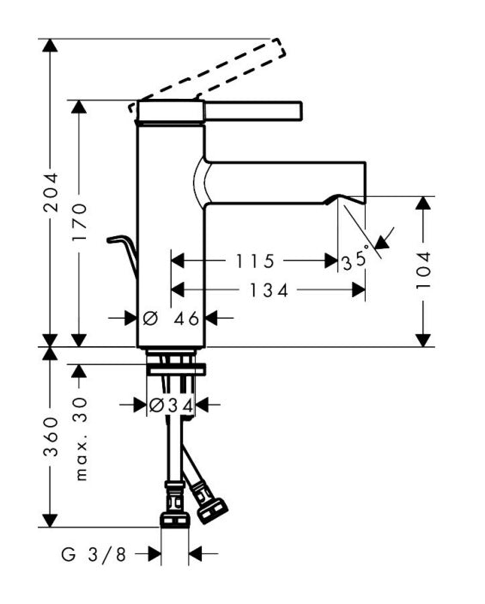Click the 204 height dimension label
[x=51, y=192]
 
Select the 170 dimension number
[x=80, y=223]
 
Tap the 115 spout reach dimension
[x=255, y=261]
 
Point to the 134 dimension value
[x=269, y=290]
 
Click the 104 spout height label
[x=423, y=270]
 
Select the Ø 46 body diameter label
[x=172, y=318]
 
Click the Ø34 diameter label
[x=172, y=405]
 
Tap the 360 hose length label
[x=51, y=437]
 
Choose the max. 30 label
[x=80, y=439]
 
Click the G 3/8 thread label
[x=94, y=555]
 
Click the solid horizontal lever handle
[x=220, y=112]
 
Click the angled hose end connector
[x=212, y=511]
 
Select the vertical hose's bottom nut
[x=174, y=519]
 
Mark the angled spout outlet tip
[x=346, y=199]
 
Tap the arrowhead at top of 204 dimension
[x=50, y=45]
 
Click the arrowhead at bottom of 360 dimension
[x=50, y=520]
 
